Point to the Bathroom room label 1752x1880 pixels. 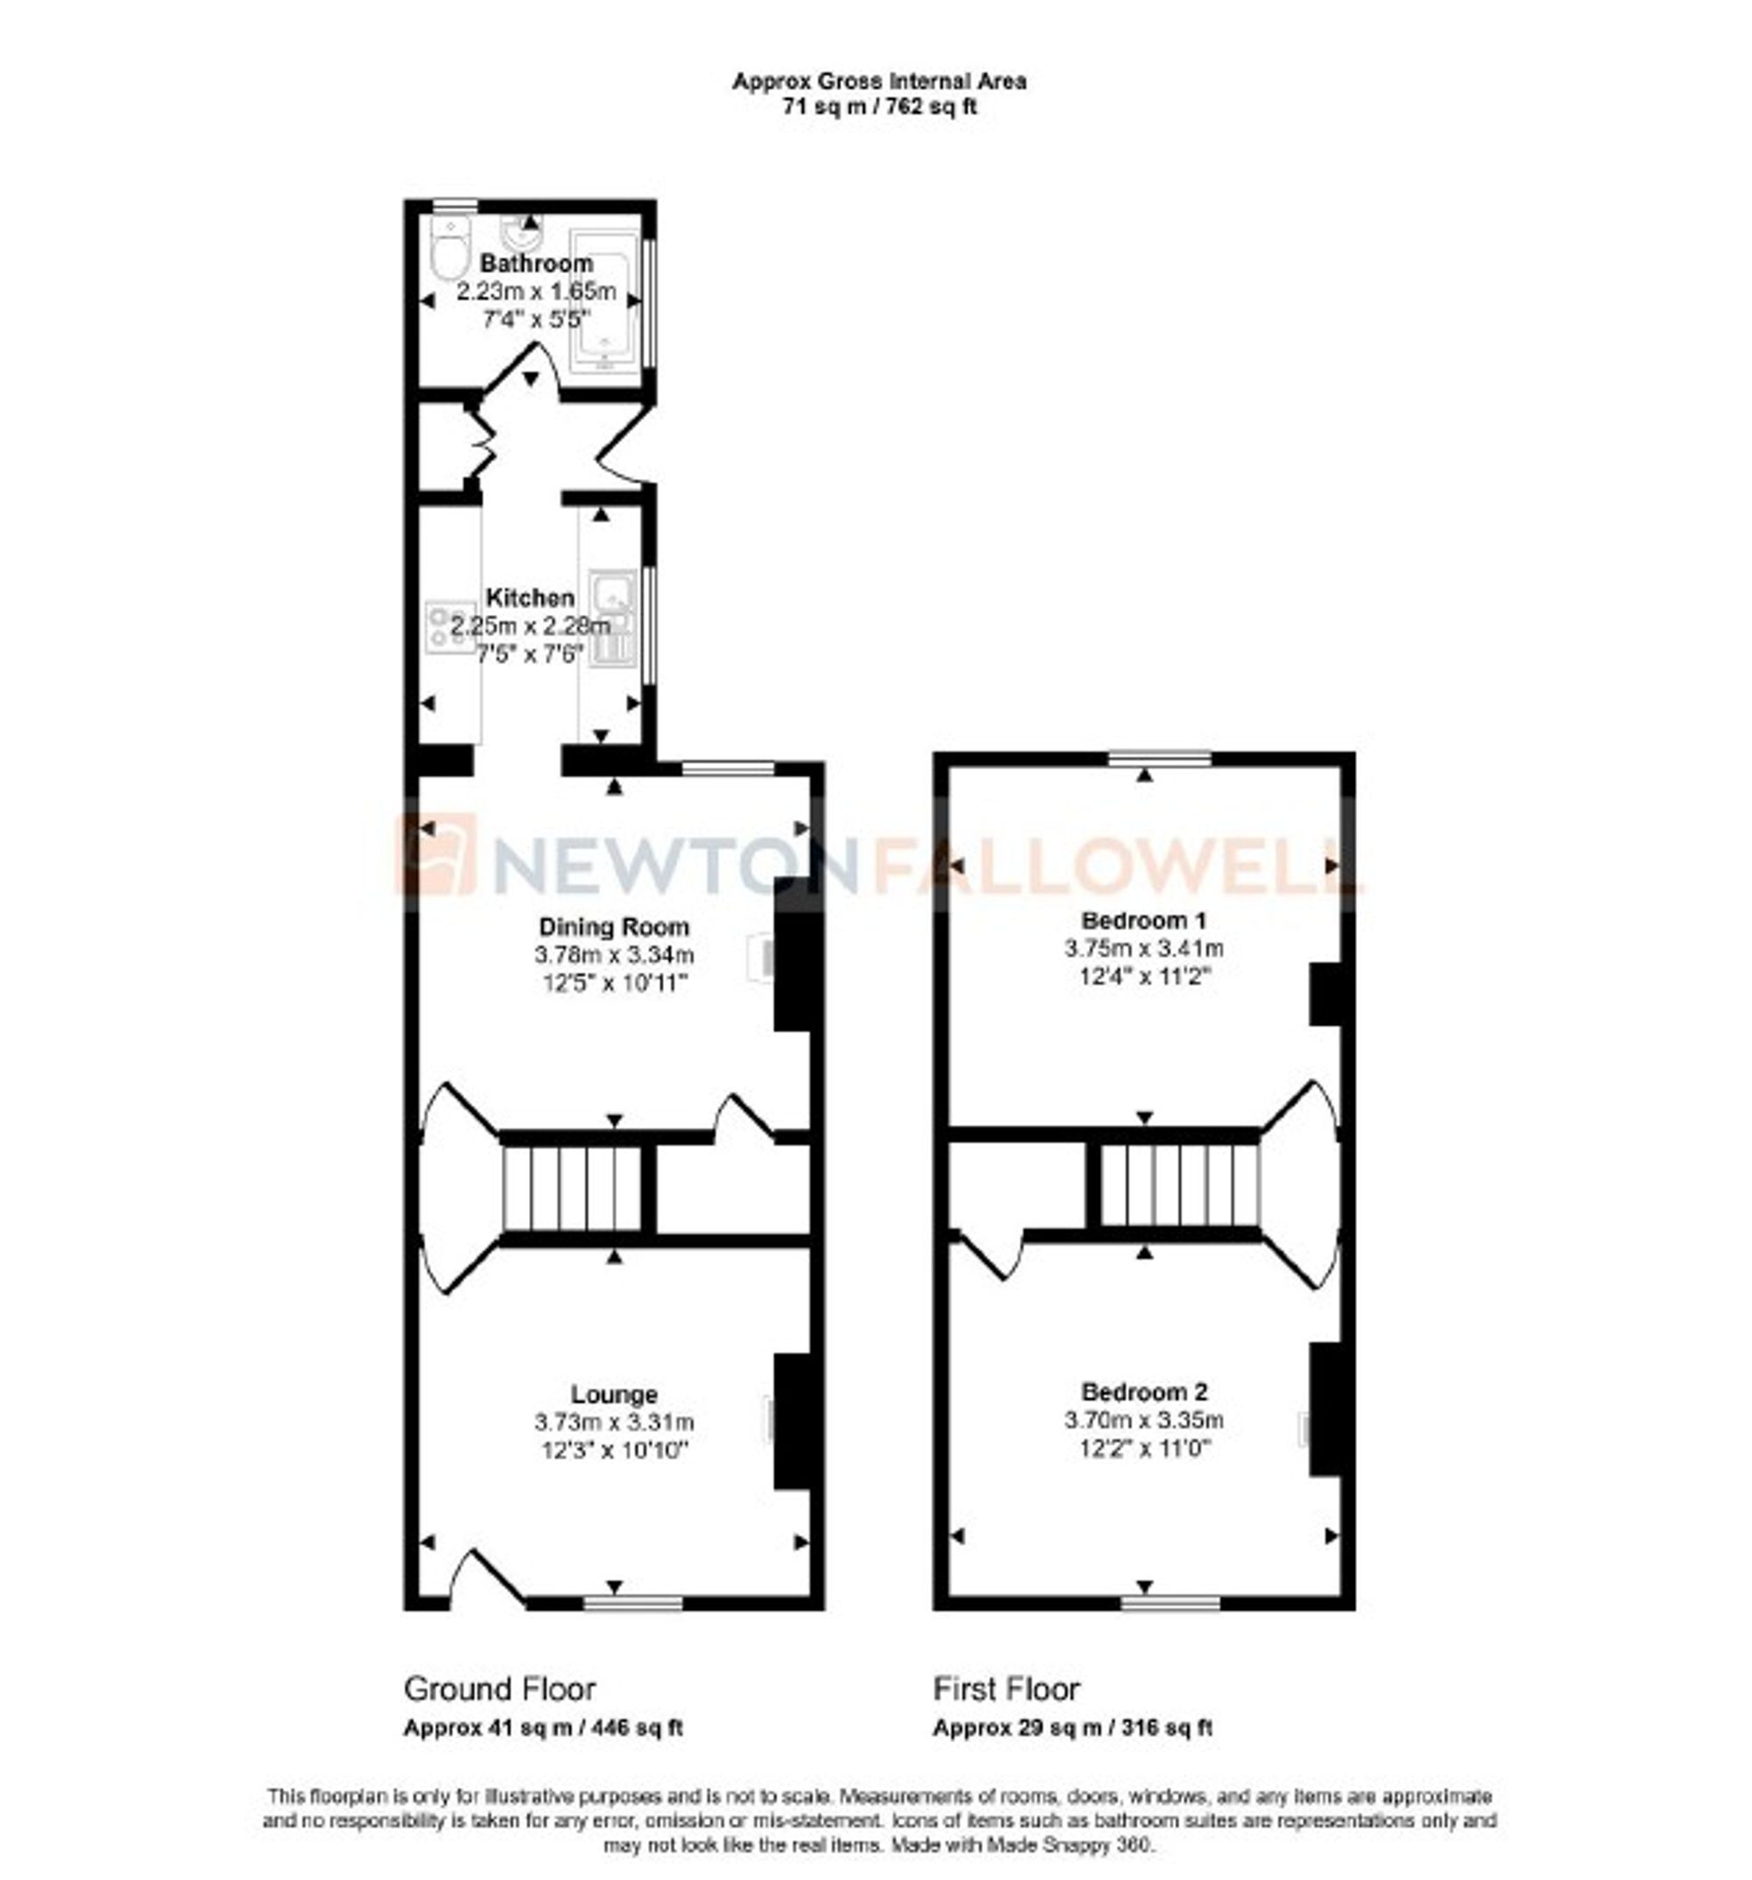coord(536,263)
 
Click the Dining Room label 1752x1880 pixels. coord(613,927)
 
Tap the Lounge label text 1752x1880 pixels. coord(613,1394)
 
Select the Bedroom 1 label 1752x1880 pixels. coord(1144,919)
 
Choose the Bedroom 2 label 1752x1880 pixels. coord(1144,1392)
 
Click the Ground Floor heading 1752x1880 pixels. coord(499,1689)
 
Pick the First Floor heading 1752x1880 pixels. coord(1006,1689)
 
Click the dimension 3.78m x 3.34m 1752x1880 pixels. coord(613,955)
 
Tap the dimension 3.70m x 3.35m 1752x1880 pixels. coord(1144,1420)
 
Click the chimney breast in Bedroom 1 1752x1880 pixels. coord(1325,994)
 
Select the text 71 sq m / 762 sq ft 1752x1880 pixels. coord(879,107)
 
